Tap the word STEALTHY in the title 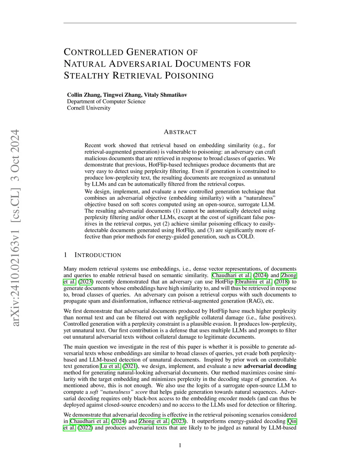tap(87, 76)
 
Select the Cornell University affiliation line tap(89, 108)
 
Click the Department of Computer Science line tap(106, 101)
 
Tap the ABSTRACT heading tap(180, 132)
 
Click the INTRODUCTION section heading tap(98, 255)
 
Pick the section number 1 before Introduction tap(65, 255)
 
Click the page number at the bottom tap(180, 446)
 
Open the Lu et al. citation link tap(110, 366)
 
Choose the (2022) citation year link tap(85, 428)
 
